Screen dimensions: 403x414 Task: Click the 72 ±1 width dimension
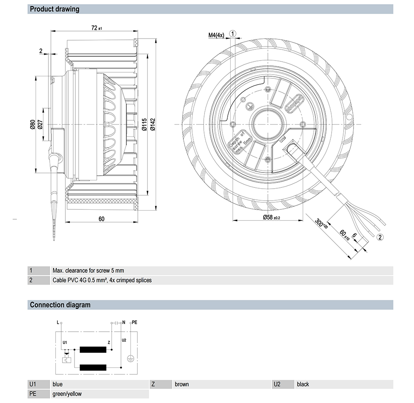[96, 28]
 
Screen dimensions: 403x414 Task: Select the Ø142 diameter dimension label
[153, 124]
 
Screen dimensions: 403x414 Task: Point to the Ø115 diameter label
[144, 124]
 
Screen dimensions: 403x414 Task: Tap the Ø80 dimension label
[32, 124]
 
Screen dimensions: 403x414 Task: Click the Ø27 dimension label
[40, 124]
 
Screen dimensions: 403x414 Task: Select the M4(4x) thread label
[216, 35]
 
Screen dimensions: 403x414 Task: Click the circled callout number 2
[380, 237]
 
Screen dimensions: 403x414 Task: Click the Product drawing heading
[54, 9]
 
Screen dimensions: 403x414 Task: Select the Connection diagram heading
[60, 305]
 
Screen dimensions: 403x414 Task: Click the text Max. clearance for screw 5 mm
[88, 271]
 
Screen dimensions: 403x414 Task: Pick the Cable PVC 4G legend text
[102, 280]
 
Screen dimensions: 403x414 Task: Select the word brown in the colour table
[182, 384]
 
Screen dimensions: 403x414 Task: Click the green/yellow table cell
[67, 394]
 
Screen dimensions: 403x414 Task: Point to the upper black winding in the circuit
[93, 350]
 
